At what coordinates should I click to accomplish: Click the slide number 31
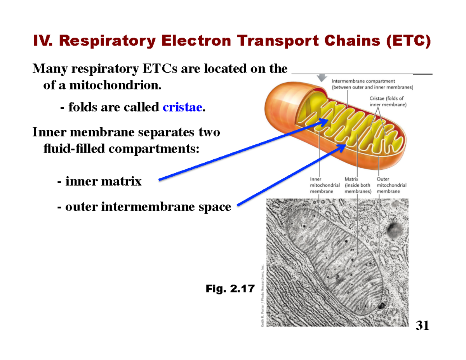pyautogui.click(x=423, y=325)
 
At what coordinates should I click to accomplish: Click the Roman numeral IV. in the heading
pyautogui.click(x=43, y=41)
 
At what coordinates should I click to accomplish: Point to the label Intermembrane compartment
pyautogui.click(x=363, y=81)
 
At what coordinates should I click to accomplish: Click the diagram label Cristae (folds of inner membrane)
pyautogui.click(x=387, y=101)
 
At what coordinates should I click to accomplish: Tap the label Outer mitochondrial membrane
pyautogui.click(x=391, y=185)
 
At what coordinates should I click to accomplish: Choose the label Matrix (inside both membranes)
pyautogui.click(x=358, y=185)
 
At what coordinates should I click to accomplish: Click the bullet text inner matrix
pyautogui.click(x=103, y=181)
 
